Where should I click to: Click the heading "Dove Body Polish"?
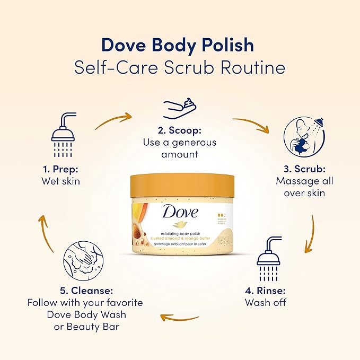tap(178, 45)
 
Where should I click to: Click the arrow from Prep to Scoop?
tap(113, 120)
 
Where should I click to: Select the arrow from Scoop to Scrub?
tap(252, 125)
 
